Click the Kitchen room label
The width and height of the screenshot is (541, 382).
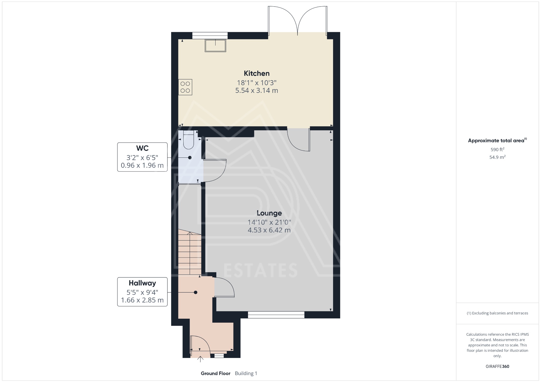click(256, 73)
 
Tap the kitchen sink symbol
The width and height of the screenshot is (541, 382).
click(215, 45)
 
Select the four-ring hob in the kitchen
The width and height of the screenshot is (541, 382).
click(185, 87)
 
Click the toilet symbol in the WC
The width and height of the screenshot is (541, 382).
click(189, 141)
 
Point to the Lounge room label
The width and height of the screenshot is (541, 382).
click(269, 213)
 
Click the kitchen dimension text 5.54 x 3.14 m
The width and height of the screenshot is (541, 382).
click(256, 90)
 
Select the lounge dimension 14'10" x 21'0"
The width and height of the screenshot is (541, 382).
click(269, 222)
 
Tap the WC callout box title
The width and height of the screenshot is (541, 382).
click(142, 148)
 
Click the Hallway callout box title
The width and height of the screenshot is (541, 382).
click(142, 283)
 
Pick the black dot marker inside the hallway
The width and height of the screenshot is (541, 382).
click(195, 292)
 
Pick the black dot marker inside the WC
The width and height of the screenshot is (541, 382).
click(190, 157)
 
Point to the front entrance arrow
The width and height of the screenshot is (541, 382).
click(200, 359)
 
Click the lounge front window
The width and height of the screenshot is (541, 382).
click(276, 315)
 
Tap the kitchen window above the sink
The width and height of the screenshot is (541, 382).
click(210, 35)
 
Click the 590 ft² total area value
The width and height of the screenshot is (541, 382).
click(497, 150)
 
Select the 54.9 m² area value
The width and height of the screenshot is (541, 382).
click(497, 157)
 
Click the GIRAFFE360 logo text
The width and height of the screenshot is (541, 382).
click(497, 366)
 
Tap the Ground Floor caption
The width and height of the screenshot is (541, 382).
click(215, 373)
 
